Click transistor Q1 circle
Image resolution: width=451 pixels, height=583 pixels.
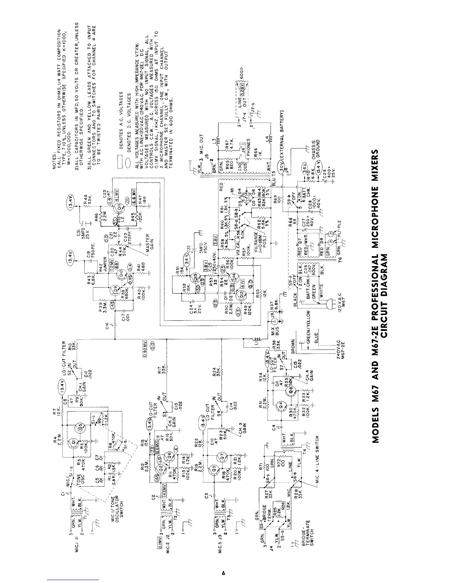(x=73, y=442)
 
